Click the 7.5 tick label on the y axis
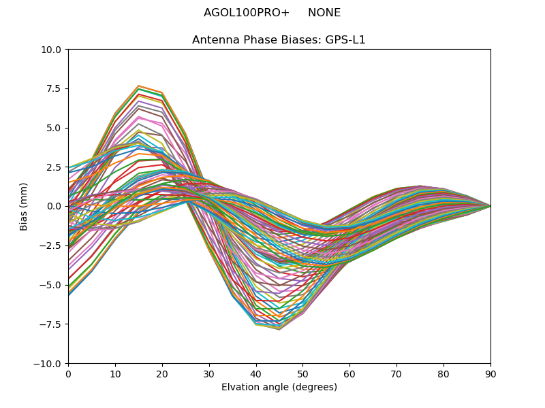(x=52, y=88)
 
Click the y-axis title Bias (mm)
(x=24, y=206)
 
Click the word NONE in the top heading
(x=324, y=13)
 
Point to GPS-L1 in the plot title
(x=344, y=39)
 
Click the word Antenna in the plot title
(x=213, y=39)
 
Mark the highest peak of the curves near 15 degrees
(x=138, y=86)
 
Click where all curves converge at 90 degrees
(x=490, y=206)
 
